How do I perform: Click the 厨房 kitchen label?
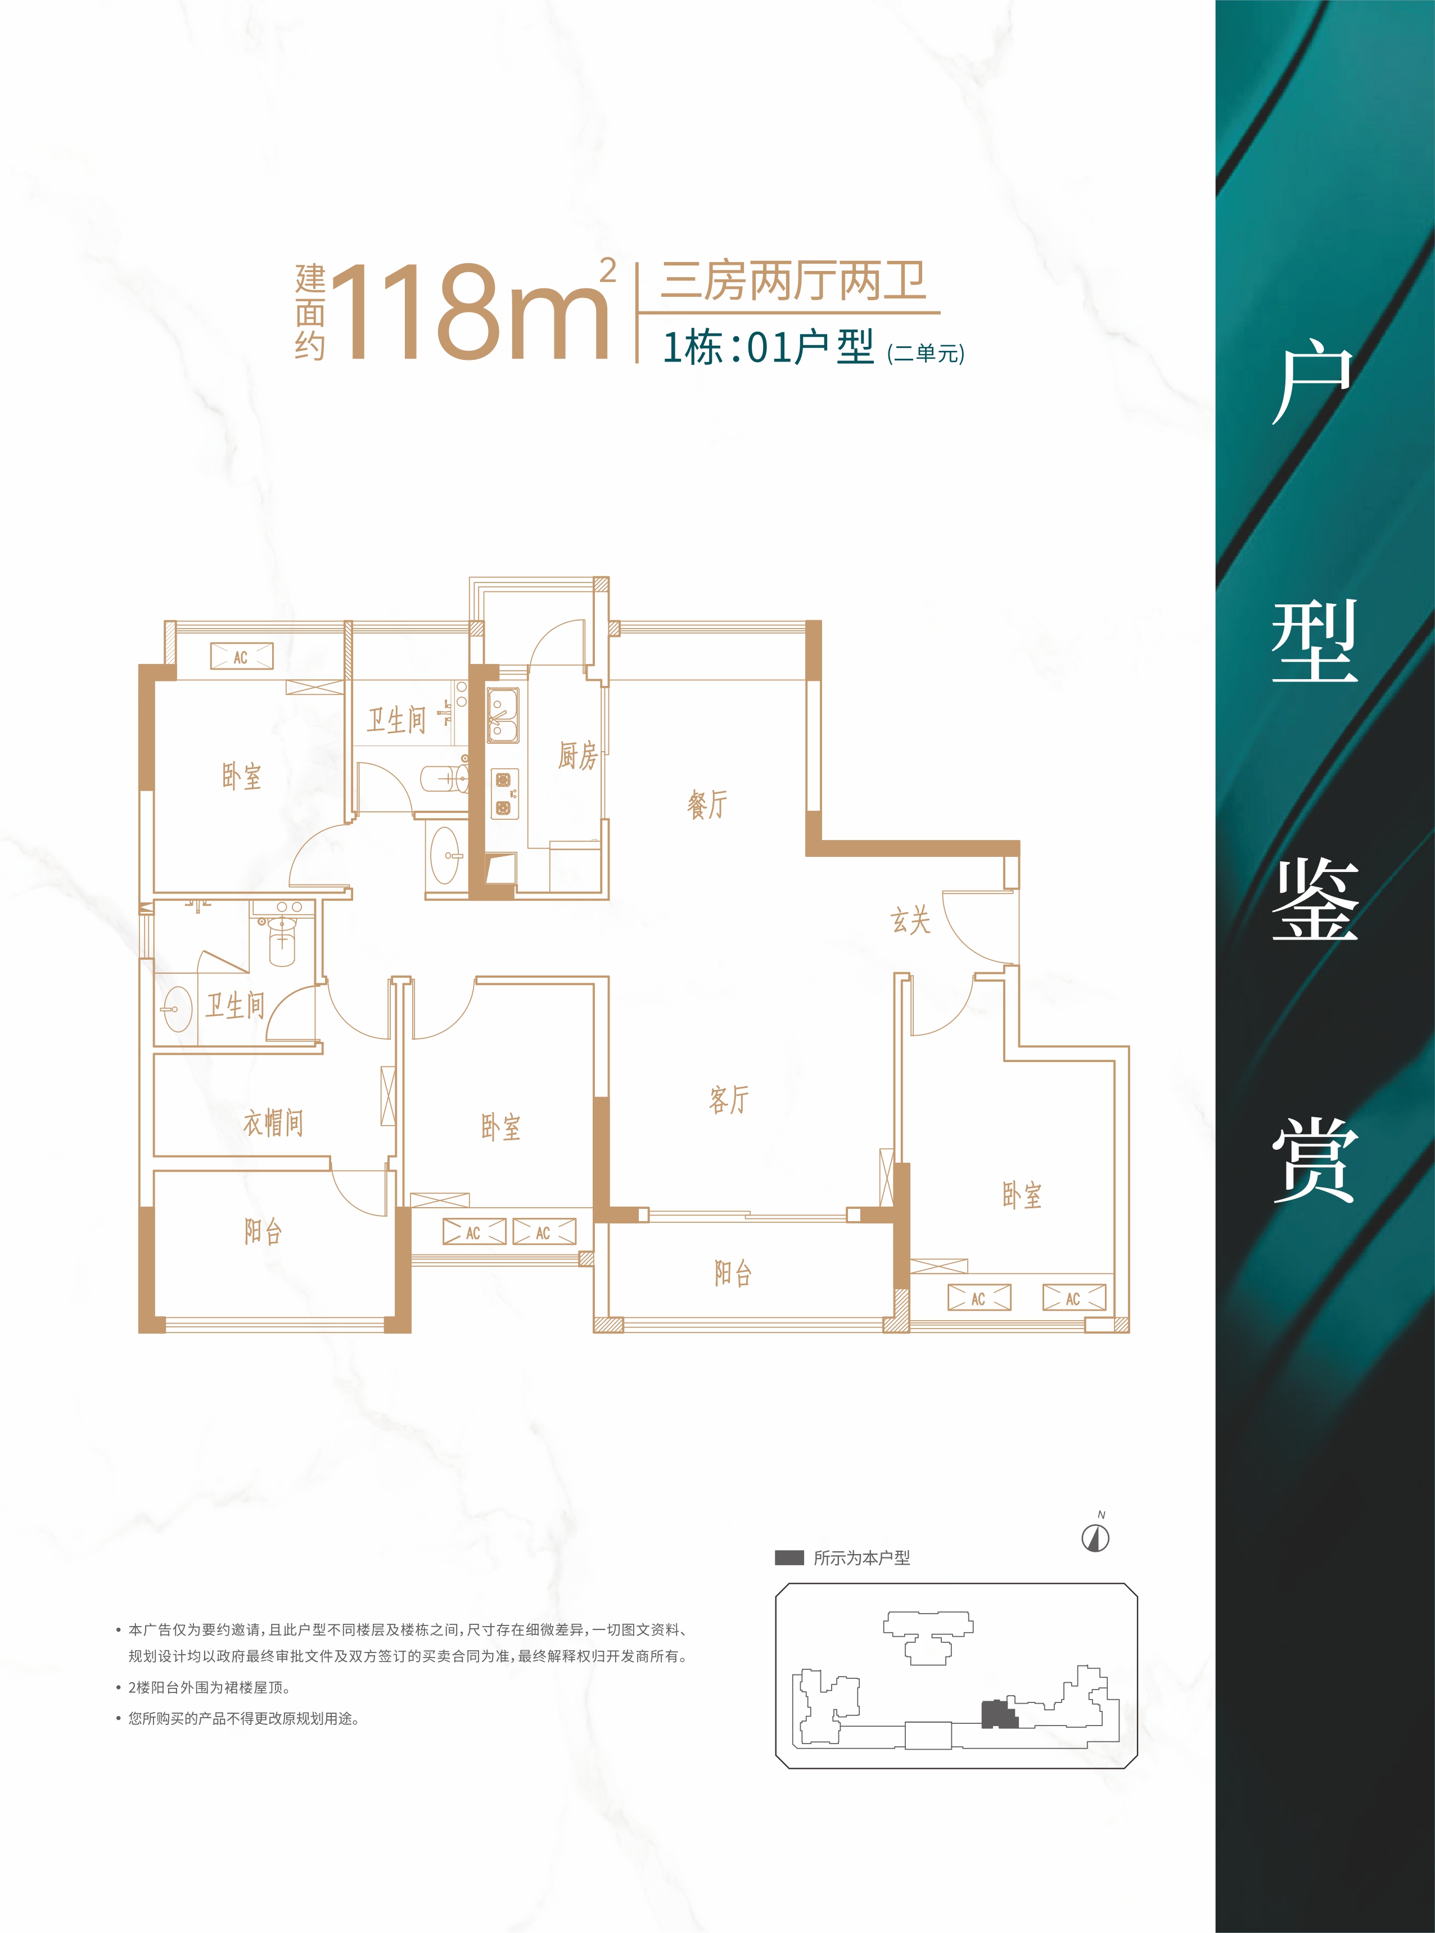[x=577, y=756]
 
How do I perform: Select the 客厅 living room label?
[x=728, y=1099]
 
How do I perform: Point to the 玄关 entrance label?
[x=910, y=920]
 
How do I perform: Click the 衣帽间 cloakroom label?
[x=273, y=1123]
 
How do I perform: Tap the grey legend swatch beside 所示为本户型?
[x=789, y=1558]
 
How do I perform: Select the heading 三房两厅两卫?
[x=793, y=281]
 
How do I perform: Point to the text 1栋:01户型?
[x=768, y=347]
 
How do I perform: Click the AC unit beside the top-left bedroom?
[x=241, y=657]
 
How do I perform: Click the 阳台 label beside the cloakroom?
[x=263, y=1231]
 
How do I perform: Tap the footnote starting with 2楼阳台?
[x=209, y=1687]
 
